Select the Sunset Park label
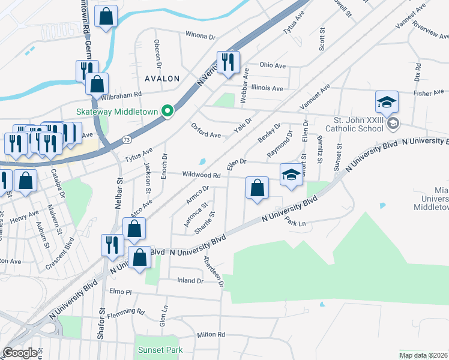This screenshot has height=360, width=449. click(160, 350)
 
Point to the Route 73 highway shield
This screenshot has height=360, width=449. click(125, 140)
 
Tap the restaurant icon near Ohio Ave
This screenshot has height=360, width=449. click(228, 62)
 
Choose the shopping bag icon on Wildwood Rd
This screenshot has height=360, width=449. click(257, 188)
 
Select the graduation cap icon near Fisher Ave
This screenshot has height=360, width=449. click(387, 102)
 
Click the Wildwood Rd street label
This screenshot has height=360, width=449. click(204, 175)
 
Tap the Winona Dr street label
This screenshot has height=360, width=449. click(200, 37)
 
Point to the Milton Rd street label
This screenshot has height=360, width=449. click(211, 334)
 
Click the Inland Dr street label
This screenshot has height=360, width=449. click(191, 280)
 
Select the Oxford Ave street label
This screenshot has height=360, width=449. click(206, 130)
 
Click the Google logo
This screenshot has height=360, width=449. click(20, 353)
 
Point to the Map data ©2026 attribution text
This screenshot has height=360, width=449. click(423, 355)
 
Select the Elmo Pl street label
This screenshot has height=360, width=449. click(120, 292)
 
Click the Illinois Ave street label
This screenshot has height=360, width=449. click(267, 88)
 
